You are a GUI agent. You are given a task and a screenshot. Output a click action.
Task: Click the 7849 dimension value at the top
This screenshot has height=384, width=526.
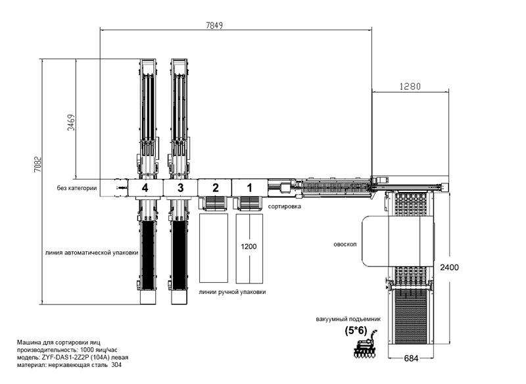click(214, 26)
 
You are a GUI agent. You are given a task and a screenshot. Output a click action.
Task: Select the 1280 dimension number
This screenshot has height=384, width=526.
click(410, 87)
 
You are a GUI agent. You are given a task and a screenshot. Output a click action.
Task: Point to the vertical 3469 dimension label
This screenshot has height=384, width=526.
click(71, 122)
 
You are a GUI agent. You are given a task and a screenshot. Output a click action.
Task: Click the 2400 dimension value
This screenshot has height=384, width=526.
click(449, 268)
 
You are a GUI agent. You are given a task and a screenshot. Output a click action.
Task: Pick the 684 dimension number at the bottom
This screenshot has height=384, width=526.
click(411, 358)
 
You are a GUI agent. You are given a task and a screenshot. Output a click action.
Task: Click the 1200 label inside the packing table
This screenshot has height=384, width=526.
click(249, 247)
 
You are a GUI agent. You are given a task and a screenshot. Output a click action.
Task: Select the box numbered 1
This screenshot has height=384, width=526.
click(249, 188)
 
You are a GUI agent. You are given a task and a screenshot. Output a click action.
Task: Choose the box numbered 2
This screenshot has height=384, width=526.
click(215, 188)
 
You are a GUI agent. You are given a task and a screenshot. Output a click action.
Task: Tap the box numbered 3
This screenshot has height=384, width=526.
click(180, 188)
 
